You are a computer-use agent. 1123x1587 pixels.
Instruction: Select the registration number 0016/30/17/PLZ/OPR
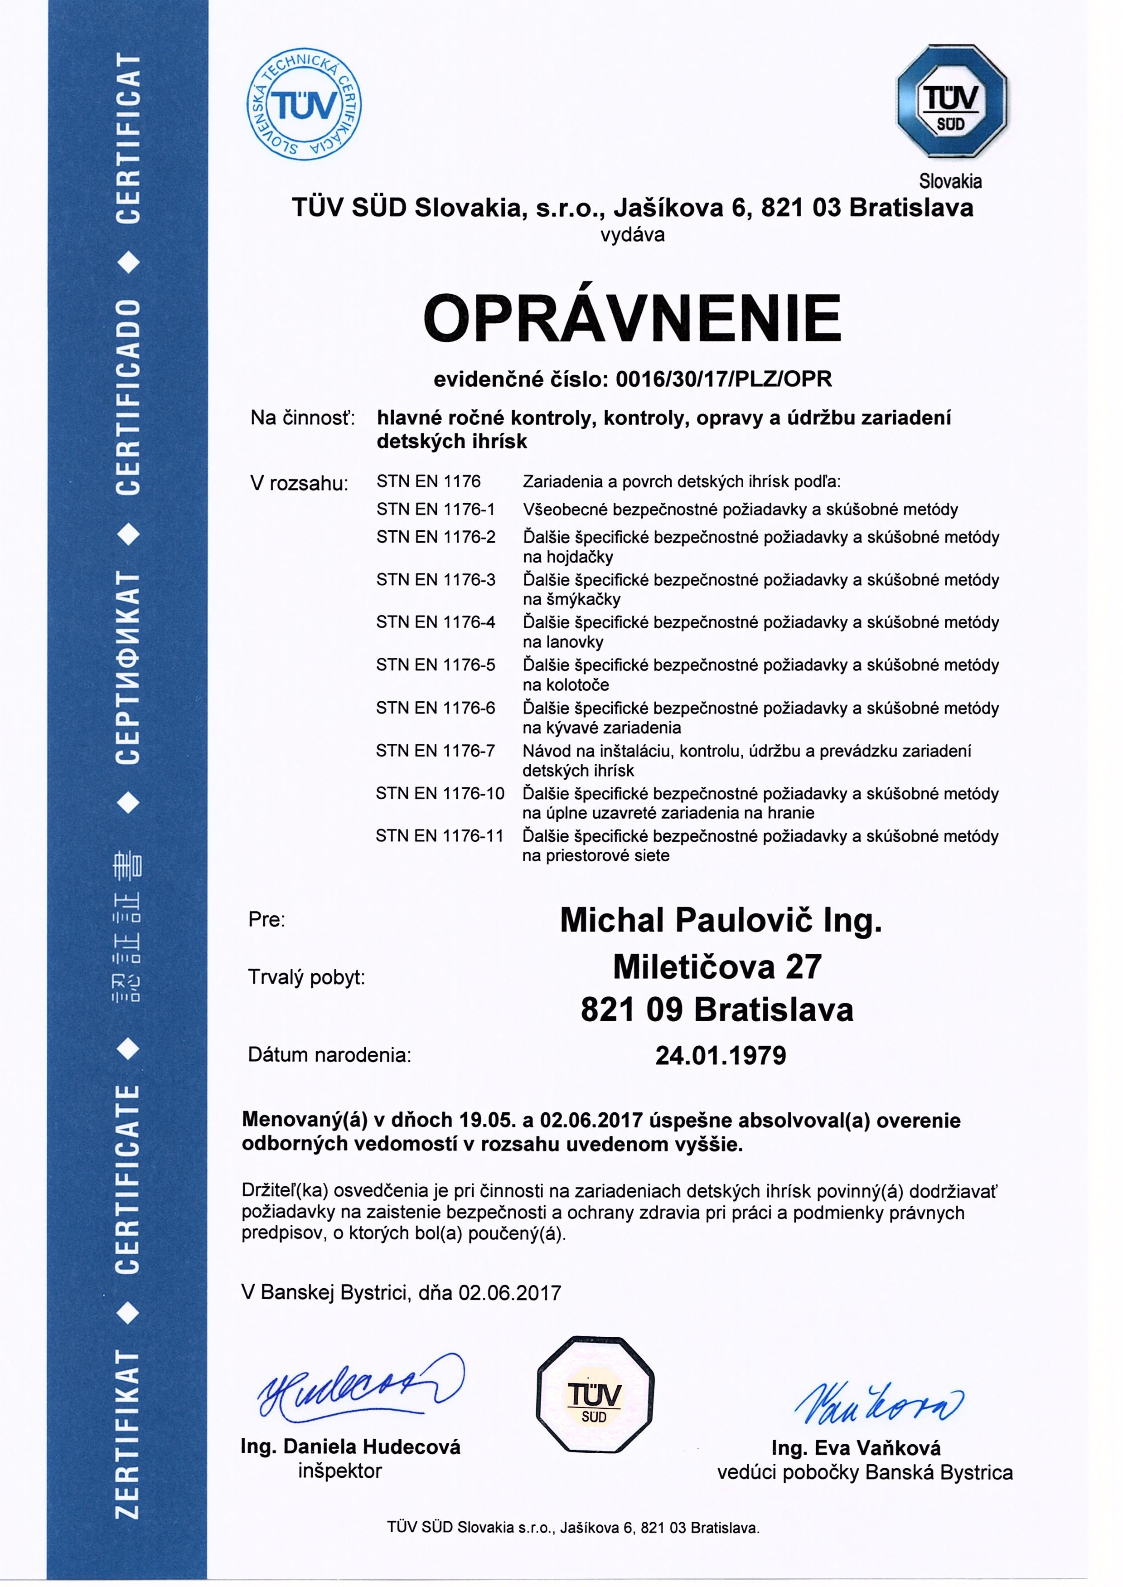pos(723,379)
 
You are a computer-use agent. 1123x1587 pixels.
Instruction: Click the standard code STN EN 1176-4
pos(436,622)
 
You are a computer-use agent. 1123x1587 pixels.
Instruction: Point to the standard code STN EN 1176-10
pos(440,793)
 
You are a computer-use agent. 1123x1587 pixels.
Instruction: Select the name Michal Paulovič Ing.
pos(721,920)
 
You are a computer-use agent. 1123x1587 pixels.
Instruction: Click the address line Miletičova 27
pos(717,967)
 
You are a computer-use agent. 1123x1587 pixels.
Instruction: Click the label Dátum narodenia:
pos(329,1055)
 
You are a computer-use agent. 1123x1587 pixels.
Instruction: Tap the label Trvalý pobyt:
pos(306,978)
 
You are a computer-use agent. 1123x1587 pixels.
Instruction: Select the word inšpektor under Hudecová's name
pos(339,1471)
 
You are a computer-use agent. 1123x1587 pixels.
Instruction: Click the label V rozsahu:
pos(299,483)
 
